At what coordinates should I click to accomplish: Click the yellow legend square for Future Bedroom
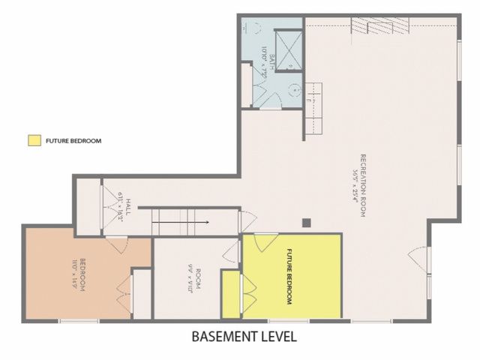click(34, 140)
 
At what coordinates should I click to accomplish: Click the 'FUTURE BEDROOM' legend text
click(73, 140)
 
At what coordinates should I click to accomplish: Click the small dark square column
click(305, 222)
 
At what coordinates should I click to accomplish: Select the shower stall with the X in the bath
click(288, 50)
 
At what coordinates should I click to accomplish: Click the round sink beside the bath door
click(295, 88)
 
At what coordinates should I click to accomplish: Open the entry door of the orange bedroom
click(115, 244)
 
